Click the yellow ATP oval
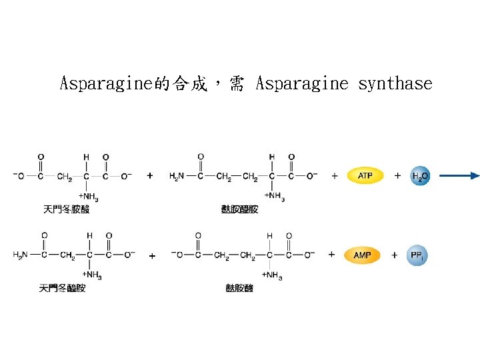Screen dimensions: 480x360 pos(365,176)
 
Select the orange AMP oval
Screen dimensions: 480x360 pos(362,255)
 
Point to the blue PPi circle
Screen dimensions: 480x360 pos(417,255)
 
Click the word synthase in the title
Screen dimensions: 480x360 pos(395,84)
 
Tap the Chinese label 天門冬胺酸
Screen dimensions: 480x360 pos(67,209)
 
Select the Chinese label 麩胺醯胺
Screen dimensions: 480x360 pos(240,209)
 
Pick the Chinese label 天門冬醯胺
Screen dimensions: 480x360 pos(63,288)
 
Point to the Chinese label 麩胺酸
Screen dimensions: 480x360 pos(240,288)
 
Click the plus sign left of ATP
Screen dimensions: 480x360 pos(334,176)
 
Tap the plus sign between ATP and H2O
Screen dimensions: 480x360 pos(397,176)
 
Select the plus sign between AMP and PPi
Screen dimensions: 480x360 pos(394,255)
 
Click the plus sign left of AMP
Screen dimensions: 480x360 pos(331,255)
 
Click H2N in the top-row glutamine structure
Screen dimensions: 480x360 pos(177,177)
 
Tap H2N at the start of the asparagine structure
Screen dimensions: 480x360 pos(21,255)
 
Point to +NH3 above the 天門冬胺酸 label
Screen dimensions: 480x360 pos(89,197)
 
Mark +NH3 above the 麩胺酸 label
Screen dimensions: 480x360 pos(272,275)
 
